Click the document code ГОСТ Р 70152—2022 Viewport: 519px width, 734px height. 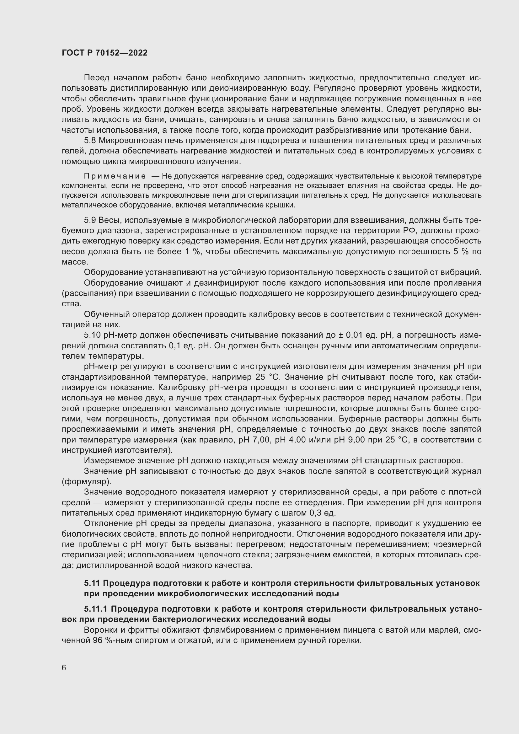point(104,53)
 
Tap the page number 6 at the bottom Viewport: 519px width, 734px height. point(64,668)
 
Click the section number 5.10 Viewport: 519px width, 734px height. point(92,335)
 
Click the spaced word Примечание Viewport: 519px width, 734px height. point(115,176)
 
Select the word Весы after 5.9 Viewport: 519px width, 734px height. point(109,220)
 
